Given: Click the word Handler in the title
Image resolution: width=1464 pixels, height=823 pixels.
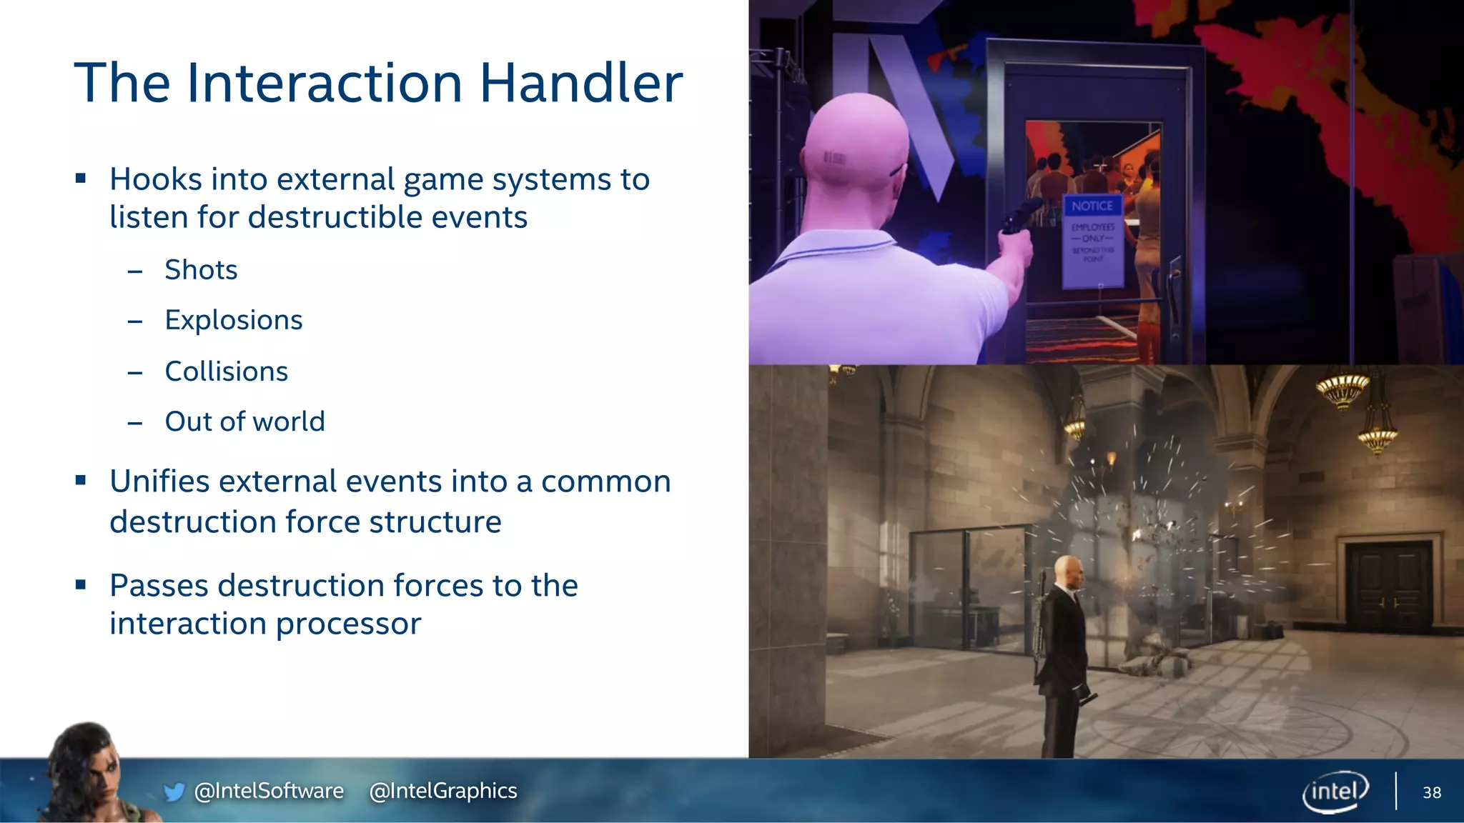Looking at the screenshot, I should tap(580, 83).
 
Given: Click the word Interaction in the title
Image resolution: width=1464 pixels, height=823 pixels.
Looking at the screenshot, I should tap(325, 83).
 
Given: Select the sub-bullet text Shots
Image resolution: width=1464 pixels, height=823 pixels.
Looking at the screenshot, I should tap(201, 270).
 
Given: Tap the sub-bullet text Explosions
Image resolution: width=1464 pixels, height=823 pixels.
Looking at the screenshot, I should tap(234, 320).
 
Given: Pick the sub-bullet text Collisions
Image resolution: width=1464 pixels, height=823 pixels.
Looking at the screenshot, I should tap(227, 371).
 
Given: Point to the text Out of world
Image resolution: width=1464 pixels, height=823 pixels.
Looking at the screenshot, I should tap(244, 422).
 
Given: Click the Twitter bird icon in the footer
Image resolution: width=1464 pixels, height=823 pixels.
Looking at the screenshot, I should tap(174, 792).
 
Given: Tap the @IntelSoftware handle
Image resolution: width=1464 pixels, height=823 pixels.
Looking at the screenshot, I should tap(269, 791).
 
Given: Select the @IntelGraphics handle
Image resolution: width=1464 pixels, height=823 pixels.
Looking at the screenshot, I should tap(443, 791).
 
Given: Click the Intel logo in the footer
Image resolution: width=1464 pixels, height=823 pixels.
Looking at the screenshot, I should tap(1335, 791).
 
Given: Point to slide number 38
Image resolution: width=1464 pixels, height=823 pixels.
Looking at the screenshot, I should tap(1432, 792).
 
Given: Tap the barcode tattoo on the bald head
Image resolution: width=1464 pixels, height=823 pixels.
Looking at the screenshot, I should tap(834, 158).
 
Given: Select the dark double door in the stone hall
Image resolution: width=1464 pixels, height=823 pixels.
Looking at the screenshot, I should tap(1388, 586).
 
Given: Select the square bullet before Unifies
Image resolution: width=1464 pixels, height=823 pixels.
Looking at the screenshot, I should tap(81, 482).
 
